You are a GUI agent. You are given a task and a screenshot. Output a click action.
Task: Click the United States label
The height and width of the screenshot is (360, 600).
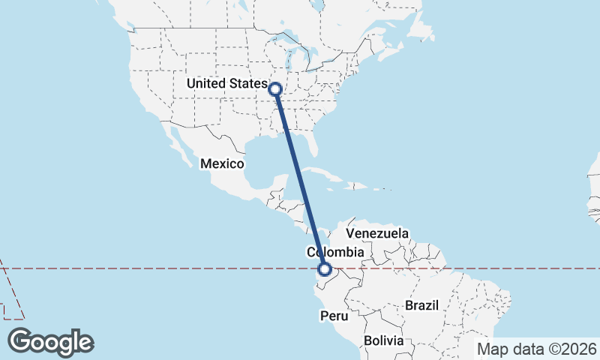[x=226, y=83]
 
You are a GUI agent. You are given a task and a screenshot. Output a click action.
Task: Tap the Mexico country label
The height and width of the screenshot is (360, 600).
[x=222, y=163]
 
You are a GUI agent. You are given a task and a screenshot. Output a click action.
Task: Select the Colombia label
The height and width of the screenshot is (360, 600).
[x=335, y=253]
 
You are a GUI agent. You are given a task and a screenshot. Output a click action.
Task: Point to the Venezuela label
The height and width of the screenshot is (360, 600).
[x=377, y=233]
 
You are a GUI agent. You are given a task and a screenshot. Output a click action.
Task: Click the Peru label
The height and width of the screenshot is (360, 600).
[x=334, y=316]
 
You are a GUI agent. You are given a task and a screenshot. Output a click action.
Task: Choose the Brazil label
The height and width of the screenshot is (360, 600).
[x=421, y=305]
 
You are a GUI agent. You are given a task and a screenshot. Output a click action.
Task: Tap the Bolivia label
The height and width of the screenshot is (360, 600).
[x=383, y=340]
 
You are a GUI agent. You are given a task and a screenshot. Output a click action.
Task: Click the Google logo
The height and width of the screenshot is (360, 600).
[x=50, y=342]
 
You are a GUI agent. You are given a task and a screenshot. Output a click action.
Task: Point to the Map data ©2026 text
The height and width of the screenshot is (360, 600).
[x=537, y=349]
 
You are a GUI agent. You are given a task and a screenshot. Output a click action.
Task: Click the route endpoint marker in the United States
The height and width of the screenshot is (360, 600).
[x=275, y=89]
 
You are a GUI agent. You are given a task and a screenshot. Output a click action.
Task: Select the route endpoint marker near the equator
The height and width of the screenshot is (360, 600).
[x=325, y=269]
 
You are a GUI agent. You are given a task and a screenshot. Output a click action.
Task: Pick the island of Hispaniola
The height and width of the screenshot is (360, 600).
[x=355, y=184]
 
